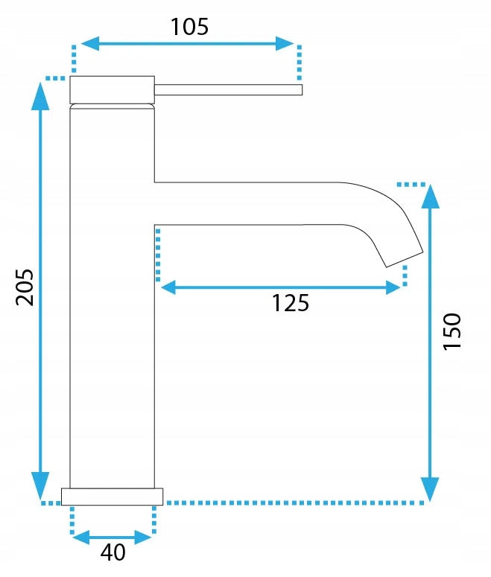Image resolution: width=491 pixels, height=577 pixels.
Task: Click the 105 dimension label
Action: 189,27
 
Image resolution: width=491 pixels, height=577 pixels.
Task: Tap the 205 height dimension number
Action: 25,287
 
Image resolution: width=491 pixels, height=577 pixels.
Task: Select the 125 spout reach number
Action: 291,303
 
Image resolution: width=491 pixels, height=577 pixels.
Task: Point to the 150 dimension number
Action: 452,331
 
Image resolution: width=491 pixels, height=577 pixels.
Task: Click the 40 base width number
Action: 113,552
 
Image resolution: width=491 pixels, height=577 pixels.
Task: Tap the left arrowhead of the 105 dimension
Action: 89,43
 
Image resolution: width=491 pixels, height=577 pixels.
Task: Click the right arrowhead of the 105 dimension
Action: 285,43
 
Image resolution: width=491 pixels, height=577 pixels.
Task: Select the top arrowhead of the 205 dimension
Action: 40,96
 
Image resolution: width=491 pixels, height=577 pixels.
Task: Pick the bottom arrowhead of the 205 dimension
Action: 40,485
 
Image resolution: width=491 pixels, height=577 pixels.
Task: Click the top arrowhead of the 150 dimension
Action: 430,196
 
